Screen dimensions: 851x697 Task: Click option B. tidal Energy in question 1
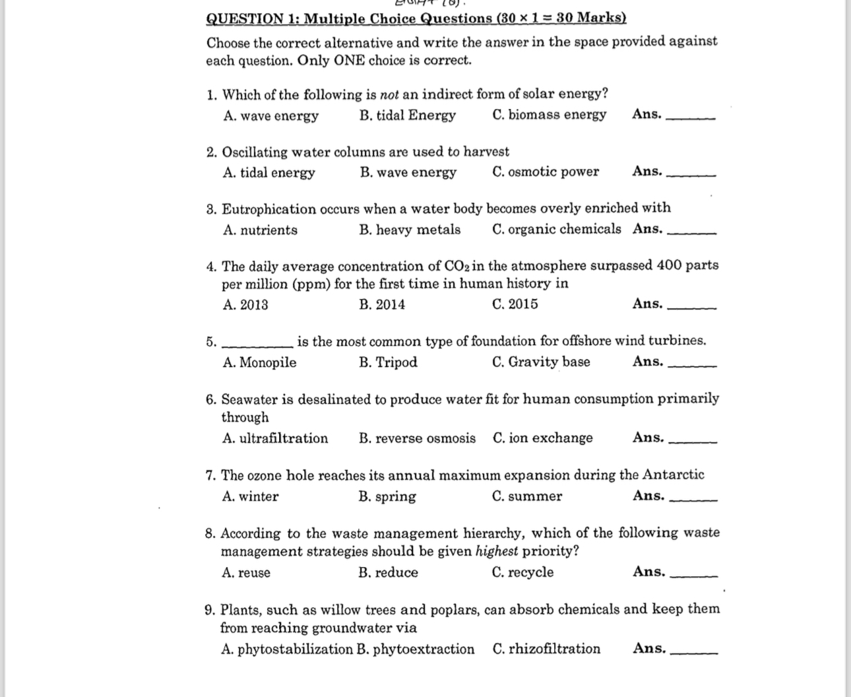coord(407,116)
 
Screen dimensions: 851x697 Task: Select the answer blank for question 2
coord(692,174)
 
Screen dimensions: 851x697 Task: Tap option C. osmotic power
coord(545,172)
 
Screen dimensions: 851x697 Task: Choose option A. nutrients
coord(260,230)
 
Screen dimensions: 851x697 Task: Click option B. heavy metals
coord(410,230)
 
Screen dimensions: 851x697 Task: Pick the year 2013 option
coord(245,305)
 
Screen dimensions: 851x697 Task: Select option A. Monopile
coord(259,362)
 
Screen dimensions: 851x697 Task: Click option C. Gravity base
coord(541,362)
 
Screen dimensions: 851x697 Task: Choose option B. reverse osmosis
coord(417,438)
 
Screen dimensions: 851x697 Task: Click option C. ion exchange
coord(542,438)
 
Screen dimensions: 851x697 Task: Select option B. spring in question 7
coord(387,497)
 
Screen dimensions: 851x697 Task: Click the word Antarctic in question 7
coord(673,475)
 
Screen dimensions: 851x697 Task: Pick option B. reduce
coord(388,573)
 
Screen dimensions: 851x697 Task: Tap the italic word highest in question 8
coord(497,551)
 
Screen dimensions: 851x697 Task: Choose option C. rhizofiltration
coord(546,649)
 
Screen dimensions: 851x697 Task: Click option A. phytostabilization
coord(287,649)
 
